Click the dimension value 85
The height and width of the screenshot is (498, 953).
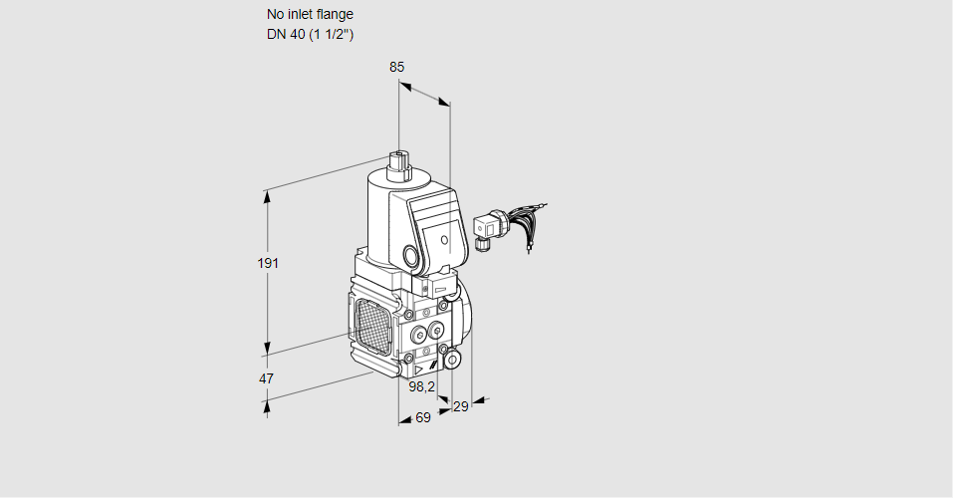(x=397, y=68)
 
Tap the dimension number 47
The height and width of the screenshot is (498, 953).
(x=266, y=379)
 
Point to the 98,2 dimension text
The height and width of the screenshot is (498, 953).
(x=422, y=386)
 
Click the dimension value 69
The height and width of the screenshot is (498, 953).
(x=422, y=418)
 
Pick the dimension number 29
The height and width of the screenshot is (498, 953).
(x=460, y=406)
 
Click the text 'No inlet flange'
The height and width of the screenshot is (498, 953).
(x=310, y=15)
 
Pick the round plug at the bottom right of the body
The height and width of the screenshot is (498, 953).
(x=452, y=359)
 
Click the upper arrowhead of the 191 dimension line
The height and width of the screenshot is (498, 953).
(x=267, y=195)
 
